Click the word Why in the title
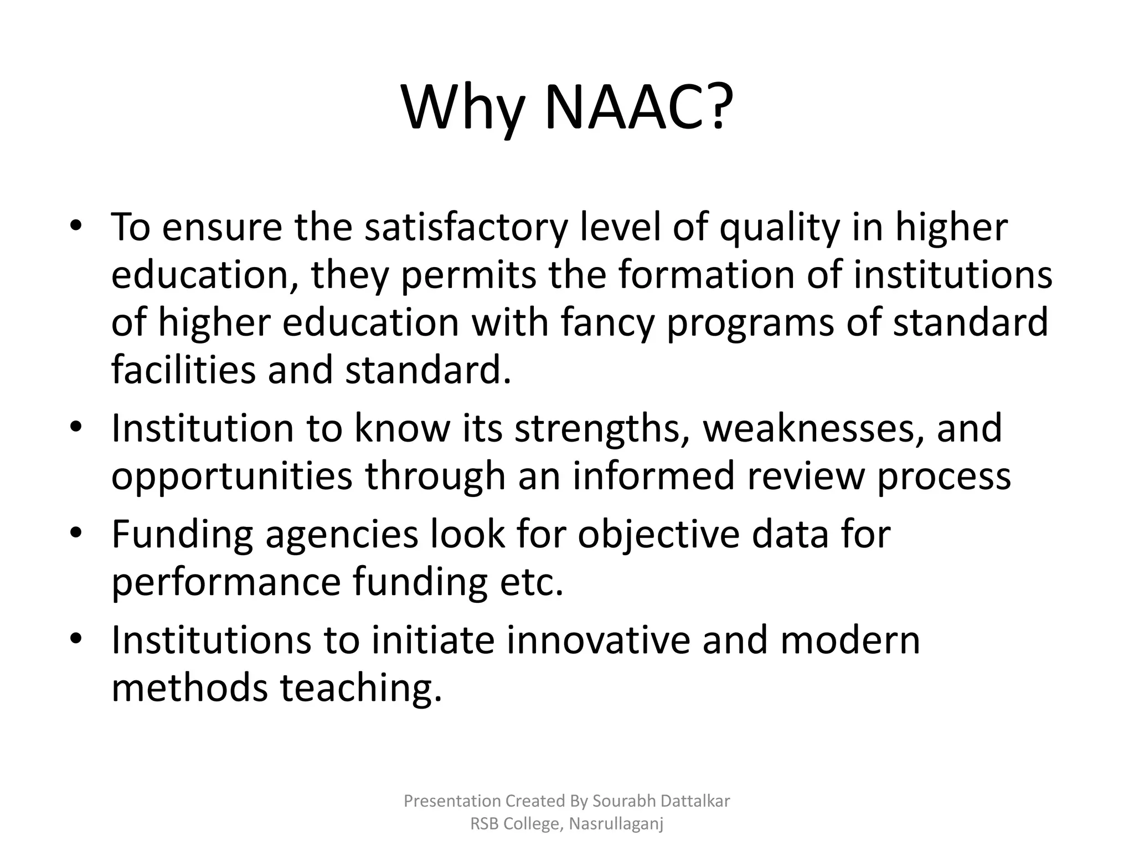[x=462, y=108]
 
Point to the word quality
[x=779, y=228]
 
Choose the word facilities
[x=183, y=370]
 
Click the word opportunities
[x=232, y=476]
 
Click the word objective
[x=658, y=535]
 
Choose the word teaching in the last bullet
[x=361, y=688]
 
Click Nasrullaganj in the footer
[x=616, y=824]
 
